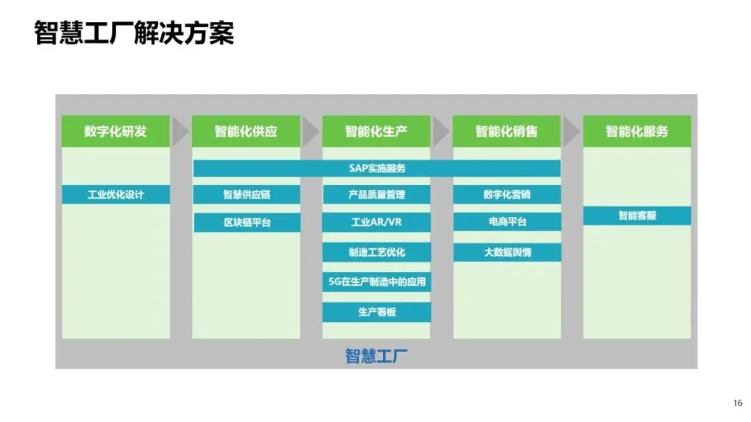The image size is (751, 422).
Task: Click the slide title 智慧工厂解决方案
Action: (x=134, y=33)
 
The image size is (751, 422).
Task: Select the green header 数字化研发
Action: (x=115, y=131)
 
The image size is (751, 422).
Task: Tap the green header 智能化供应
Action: (x=246, y=131)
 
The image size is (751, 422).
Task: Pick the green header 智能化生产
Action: (x=376, y=131)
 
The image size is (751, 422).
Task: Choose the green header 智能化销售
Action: (x=506, y=131)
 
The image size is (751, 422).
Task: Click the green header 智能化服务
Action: (x=637, y=131)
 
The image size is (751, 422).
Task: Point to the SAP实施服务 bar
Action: (x=377, y=168)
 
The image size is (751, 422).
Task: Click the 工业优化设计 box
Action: (x=115, y=194)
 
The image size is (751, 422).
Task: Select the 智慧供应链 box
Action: (x=246, y=194)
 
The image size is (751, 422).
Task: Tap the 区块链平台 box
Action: (x=246, y=222)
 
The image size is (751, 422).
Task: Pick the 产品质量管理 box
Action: (x=376, y=194)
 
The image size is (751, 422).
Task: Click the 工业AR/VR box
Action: (x=376, y=222)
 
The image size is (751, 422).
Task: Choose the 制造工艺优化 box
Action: (x=376, y=252)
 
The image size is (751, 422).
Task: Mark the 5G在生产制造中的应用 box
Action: (x=376, y=282)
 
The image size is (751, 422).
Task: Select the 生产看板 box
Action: (x=376, y=312)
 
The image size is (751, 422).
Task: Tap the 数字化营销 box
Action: (x=507, y=194)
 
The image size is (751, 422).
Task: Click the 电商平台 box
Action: (x=507, y=222)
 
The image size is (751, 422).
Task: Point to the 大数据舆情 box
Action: (x=507, y=252)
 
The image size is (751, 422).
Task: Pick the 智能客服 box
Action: (x=637, y=216)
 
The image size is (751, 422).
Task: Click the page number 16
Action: (x=738, y=403)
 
